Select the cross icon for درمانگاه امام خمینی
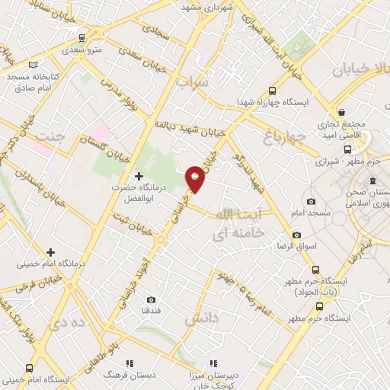(x=51, y=252)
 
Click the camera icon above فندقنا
(x=151, y=299)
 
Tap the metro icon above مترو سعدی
(x=81, y=37)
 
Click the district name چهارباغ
(x=283, y=137)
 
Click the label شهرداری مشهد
(x=206, y=6)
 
